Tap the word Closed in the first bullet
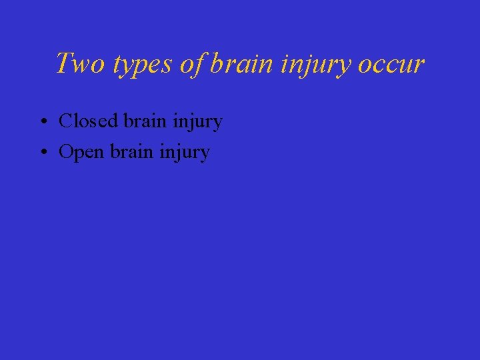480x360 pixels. click(88, 121)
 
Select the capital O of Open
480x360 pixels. click(65, 152)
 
